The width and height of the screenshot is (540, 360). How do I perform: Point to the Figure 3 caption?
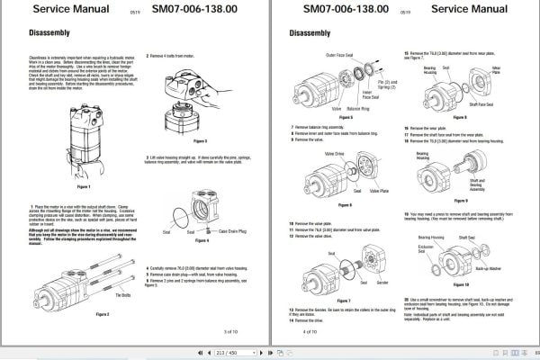[x=199, y=140]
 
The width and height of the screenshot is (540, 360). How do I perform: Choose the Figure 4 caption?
[x=202, y=240]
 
